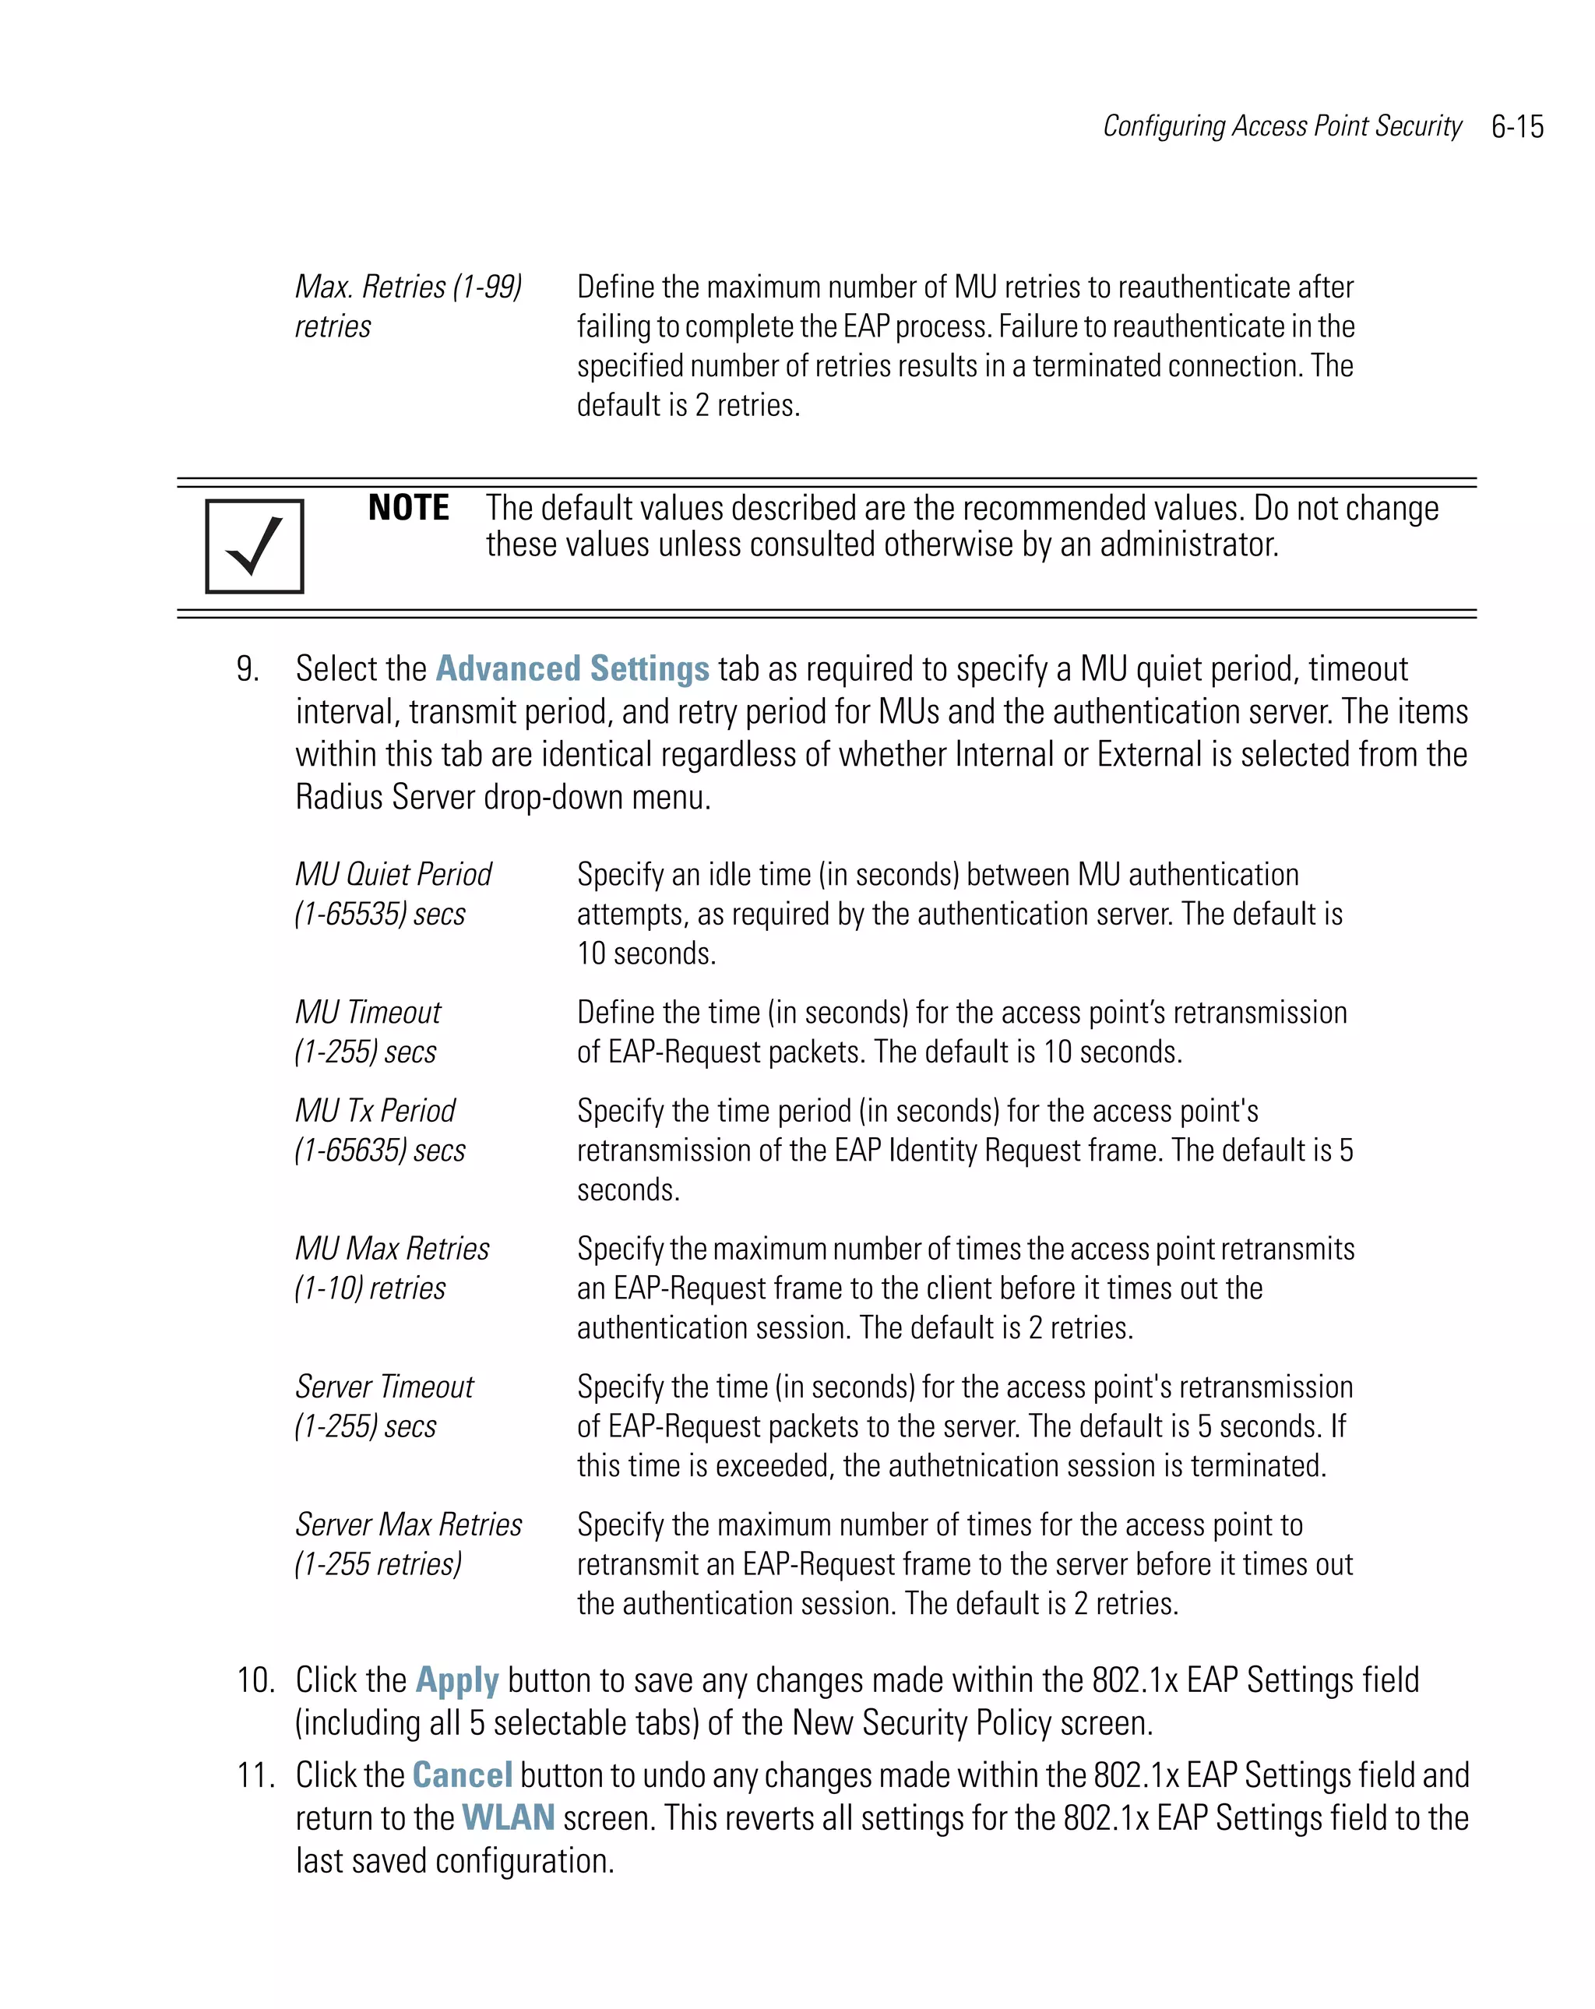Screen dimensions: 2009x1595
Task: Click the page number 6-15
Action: click(1517, 127)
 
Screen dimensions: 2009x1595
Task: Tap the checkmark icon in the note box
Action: click(255, 546)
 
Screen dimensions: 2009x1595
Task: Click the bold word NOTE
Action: click(408, 508)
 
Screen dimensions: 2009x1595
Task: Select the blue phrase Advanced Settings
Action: click(572, 669)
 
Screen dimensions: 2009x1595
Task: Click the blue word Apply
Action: click(456, 1680)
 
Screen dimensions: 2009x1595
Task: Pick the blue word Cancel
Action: click(462, 1775)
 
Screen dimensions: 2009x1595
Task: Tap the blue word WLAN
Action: click(508, 1818)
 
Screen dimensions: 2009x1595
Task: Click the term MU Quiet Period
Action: click(393, 874)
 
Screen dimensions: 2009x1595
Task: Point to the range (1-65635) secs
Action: click(380, 1150)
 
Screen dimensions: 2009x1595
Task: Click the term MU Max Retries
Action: click(393, 1249)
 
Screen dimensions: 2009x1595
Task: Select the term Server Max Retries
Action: click(408, 1524)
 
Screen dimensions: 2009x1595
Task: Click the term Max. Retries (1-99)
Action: click(408, 287)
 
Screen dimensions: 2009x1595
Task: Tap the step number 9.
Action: click(247, 669)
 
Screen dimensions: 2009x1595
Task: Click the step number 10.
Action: click(255, 1680)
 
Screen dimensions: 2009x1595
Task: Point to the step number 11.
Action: click(255, 1775)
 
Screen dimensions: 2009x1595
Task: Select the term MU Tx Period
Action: click(375, 1111)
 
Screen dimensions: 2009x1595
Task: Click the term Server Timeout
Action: click(384, 1387)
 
